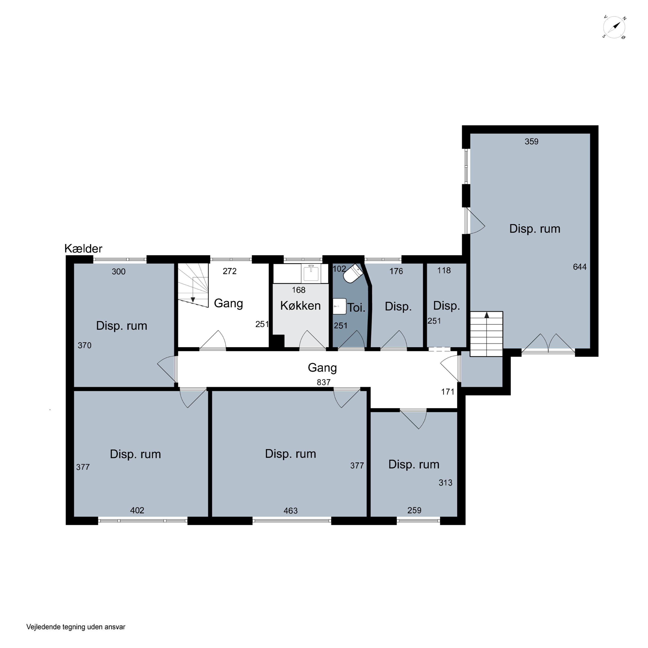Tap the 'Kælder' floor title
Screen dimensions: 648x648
(x=83, y=249)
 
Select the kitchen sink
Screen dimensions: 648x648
(x=311, y=273)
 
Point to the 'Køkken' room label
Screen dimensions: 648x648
(x=300, y=306)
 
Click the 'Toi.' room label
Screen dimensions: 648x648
(x=356, y=308)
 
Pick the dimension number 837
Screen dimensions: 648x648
(x=324, y=382)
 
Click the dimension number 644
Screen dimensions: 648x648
(x=580, y=267)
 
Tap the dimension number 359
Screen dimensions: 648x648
(x=531, y=141)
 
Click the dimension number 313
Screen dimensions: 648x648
(x=445, y=483)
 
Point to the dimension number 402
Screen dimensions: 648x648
(x=137, y=510)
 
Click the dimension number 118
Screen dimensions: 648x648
(x=444, y=270)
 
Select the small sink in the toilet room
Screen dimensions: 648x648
(x=339, y=306)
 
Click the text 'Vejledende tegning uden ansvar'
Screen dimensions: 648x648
(x=76, y=627)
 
